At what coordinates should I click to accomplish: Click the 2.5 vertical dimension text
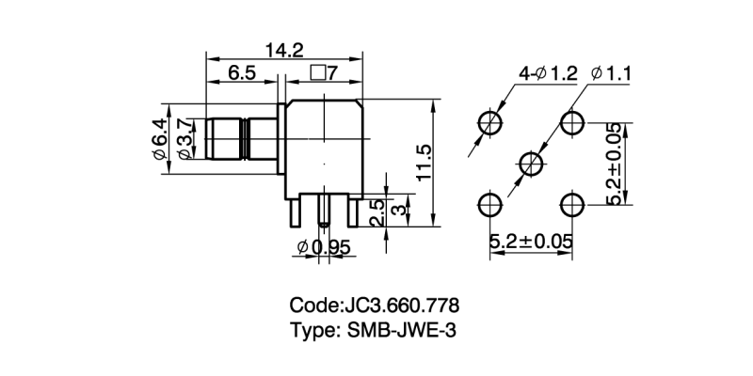(375, 211)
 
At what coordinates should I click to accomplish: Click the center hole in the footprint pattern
(531, 164)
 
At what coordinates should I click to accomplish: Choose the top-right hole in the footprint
(571, 122)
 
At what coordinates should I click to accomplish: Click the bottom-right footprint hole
(571, 204)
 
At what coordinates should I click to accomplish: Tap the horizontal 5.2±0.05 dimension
(531, 242)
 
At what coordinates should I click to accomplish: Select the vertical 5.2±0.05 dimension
(615, 164)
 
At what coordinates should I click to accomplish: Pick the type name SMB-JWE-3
(404, 330)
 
